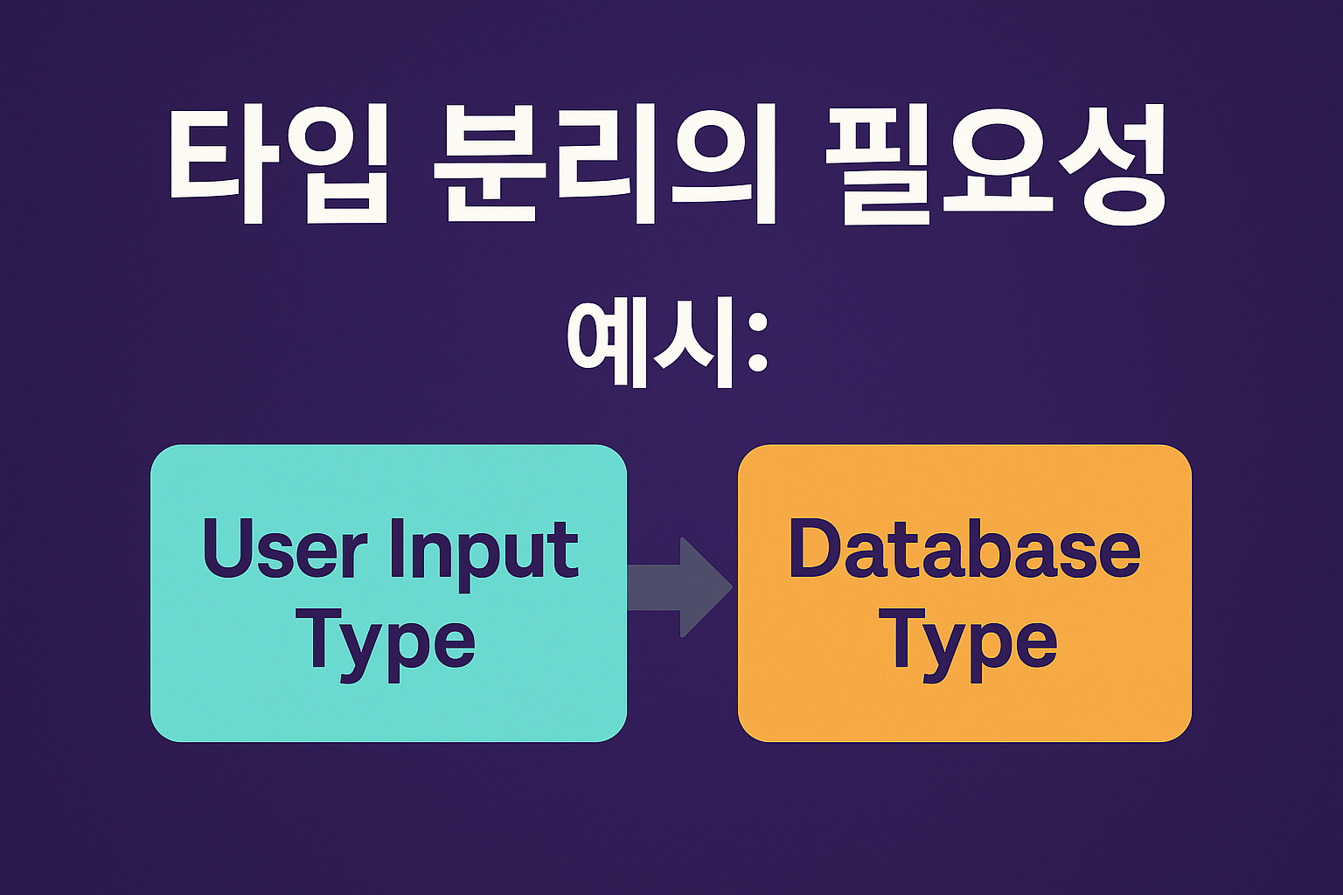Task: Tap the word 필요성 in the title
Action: [996, 164]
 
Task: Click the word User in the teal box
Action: [285, 549]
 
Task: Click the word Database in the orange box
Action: [964, 548]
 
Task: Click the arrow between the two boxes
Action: [680, 586]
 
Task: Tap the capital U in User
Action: [228, 549]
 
